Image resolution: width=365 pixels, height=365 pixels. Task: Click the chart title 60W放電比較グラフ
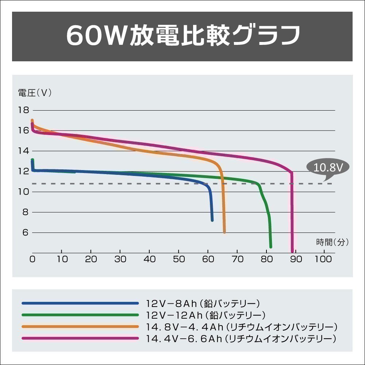point(182,36)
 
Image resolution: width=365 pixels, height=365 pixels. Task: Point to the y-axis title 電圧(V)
point(35,93)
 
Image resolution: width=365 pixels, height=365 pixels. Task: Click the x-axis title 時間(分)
point(333,241)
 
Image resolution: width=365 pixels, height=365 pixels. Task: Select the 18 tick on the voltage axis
point(23,110)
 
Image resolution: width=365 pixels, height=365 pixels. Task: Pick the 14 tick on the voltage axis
point(23,151)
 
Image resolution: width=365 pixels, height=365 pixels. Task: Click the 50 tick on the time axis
point(178,259)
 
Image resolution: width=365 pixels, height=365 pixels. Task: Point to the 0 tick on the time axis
point(32,259)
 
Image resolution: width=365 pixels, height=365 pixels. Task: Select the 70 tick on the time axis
point(237,259)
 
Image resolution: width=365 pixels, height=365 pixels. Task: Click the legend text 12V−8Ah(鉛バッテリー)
point(203,303)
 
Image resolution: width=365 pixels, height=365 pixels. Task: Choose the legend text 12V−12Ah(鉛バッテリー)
point(205,315)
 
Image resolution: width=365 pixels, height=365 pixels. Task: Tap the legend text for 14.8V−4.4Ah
point(241,326)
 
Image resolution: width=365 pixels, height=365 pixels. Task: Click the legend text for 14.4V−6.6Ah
point(241,338)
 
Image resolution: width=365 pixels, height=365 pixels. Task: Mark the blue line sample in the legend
point(80,303)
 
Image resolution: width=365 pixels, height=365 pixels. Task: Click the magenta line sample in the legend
point(80,338)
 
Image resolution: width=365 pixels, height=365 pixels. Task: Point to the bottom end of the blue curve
point(212,220)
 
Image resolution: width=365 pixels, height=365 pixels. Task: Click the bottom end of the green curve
point(271,247)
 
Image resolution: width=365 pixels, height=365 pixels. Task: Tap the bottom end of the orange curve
point(224,232)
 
